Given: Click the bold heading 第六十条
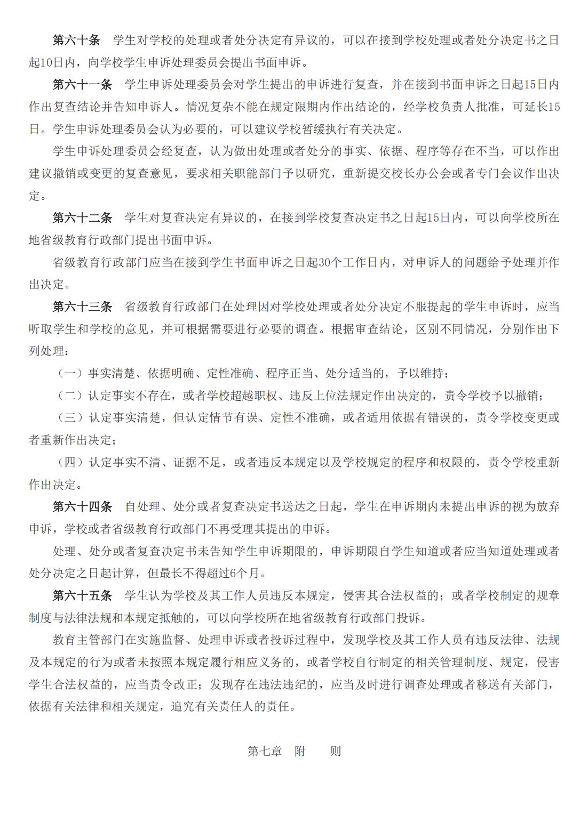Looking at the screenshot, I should point(76,41).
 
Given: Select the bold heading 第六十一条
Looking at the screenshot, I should point(82,85).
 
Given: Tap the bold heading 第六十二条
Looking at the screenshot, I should point(82,217).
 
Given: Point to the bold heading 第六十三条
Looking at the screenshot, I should point(82,306).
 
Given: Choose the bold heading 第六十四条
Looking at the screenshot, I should point(82,506).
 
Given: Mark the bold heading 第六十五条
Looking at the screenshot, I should point(82,595).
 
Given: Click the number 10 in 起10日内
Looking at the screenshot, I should point(46,63).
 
